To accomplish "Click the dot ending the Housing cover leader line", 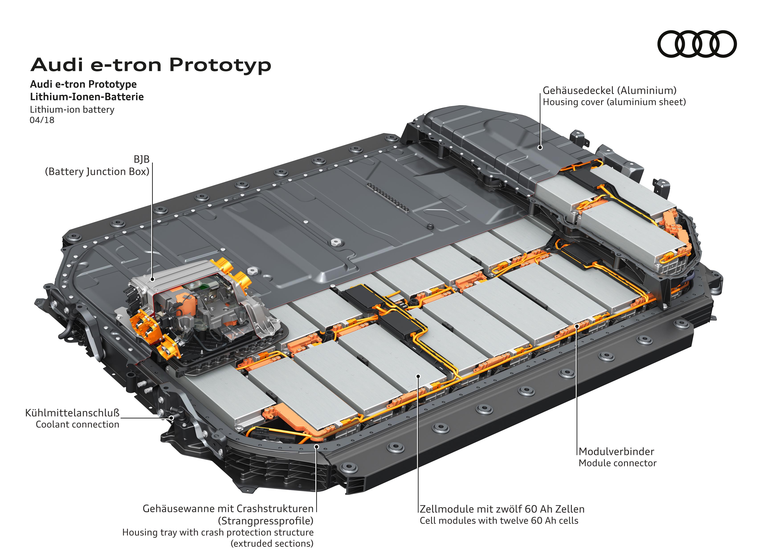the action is pos(540,147).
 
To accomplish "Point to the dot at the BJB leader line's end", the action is pos(152,279).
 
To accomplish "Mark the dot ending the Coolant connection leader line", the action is pos(172,418).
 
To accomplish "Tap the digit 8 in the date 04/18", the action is pos(51,120).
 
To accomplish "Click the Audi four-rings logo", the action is pos(697,44).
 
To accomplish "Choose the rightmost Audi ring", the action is pos(724,44).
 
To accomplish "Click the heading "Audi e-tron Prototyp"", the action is pos(151,65).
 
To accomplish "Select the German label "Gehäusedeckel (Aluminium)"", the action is pos(610,91).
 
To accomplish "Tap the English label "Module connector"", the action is pos(617,463).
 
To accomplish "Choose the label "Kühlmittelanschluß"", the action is pos(72,413).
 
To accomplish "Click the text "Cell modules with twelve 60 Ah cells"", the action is pos(499,521).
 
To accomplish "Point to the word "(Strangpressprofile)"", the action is pos(266,521).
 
